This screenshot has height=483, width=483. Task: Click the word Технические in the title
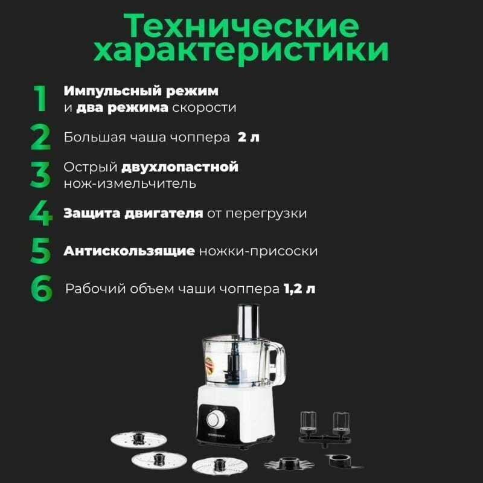(x=241, y=26)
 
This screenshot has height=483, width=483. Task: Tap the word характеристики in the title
(x=241, y=51)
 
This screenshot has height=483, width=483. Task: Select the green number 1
(x=40, y=98)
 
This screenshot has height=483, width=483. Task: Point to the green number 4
(x=40, y=213)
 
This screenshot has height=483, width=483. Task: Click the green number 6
(x=42, y=289)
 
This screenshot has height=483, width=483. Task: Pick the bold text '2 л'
(x=248, y=138)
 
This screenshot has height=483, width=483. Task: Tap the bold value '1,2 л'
(x=299, y=289)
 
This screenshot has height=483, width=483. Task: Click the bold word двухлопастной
(x=180, y=168)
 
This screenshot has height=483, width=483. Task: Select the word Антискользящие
(x=129, y=251)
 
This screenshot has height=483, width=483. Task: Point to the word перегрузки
(x=266, y=214)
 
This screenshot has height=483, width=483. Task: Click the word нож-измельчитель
(x=130, y=184)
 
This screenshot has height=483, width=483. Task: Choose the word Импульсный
(x=113, y=91)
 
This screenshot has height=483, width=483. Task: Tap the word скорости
(x=204, y=108)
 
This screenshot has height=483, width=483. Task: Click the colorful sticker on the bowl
(x=210, y=366)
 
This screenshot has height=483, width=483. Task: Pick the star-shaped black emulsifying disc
(x=289, y=463)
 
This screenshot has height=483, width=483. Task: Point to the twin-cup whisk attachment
(x=325, y=429)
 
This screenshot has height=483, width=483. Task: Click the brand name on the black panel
(x=217, y=435)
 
